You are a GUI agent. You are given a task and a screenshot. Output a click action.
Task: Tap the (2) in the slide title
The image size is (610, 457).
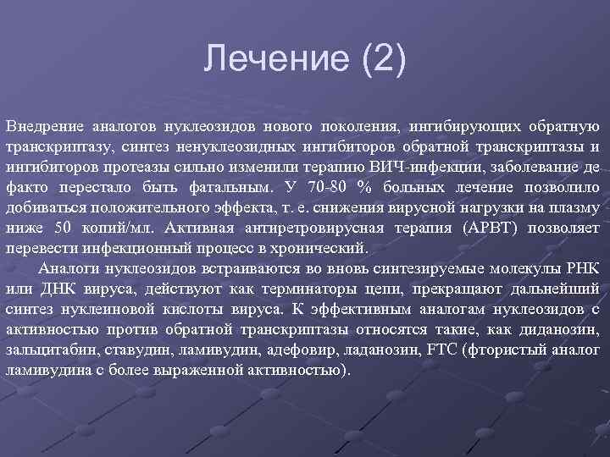click(380, 60)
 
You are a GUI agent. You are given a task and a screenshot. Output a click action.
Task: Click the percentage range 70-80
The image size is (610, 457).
click(319, 188)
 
